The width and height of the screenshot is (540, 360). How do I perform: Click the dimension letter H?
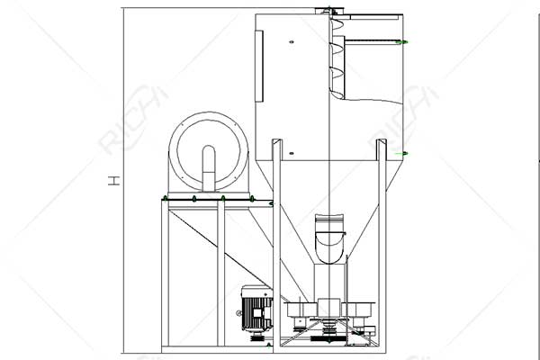tap(114, 181)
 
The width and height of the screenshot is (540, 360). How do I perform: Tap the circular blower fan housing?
tap(209, 152)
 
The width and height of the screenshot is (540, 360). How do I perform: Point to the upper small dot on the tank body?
tap(294, 41)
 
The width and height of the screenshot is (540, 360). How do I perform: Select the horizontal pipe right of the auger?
tap(373, 41)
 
